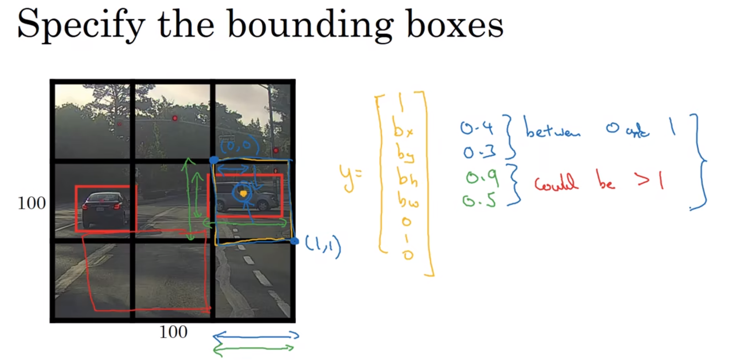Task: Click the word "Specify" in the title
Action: (x=81, y=25)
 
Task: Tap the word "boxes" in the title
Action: (x=455, y=24)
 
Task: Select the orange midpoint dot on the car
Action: (x=243, y=194)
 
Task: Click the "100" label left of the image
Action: (x=31, y=203)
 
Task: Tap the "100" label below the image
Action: (x=173, y=332)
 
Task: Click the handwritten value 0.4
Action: (x=476, y=128)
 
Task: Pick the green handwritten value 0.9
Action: (x=482, y=178)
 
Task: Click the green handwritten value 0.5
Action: (x=479, y=201)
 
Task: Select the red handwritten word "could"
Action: (x=556, y=182)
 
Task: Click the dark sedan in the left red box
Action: (x=105, y=209)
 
